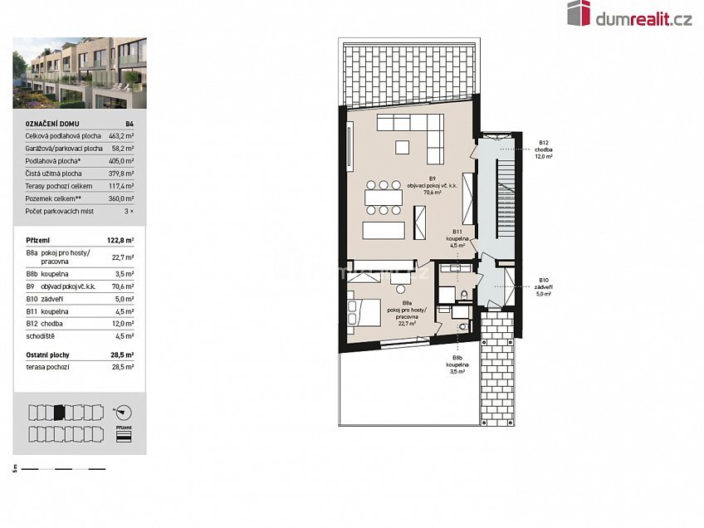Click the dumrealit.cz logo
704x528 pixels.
[x=629, y=14]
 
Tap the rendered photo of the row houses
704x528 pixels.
[x=80, y=73]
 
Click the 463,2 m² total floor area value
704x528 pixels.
[x=123, y=134]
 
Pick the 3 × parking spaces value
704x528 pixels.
[x=129, y=212]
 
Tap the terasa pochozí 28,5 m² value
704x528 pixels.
[x=124, y=366]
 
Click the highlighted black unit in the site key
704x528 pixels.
[x=59, y=412]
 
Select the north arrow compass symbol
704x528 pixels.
[x=124, y=412]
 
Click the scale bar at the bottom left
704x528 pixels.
[x=63, y=470]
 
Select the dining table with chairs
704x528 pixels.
[x=383, y=197]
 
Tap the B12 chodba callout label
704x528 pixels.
[x=545, y=149]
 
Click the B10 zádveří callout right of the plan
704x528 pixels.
[x=544, y=286]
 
